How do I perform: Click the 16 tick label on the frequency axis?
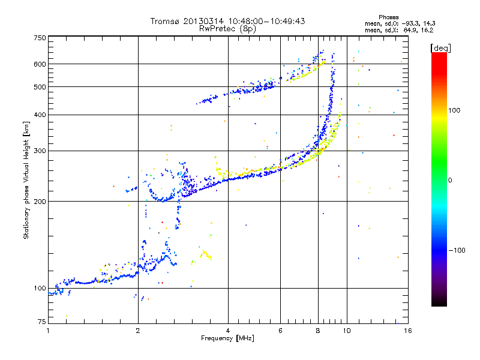(406, 330)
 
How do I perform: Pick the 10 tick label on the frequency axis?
(346, 330)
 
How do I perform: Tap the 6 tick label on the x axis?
(280, 330)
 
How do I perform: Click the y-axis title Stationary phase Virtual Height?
(27, 180)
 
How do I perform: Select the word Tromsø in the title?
(164, 21)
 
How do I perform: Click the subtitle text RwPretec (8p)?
(227, 28)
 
